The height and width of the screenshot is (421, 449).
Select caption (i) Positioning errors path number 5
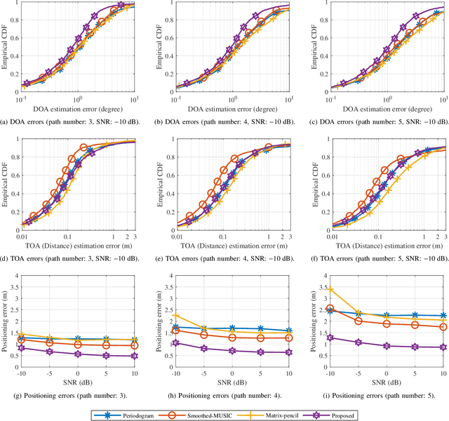pyautogui.click(x=375, y=396)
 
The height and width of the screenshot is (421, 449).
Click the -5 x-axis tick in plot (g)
pyautogui.click(x=49, y=376)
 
